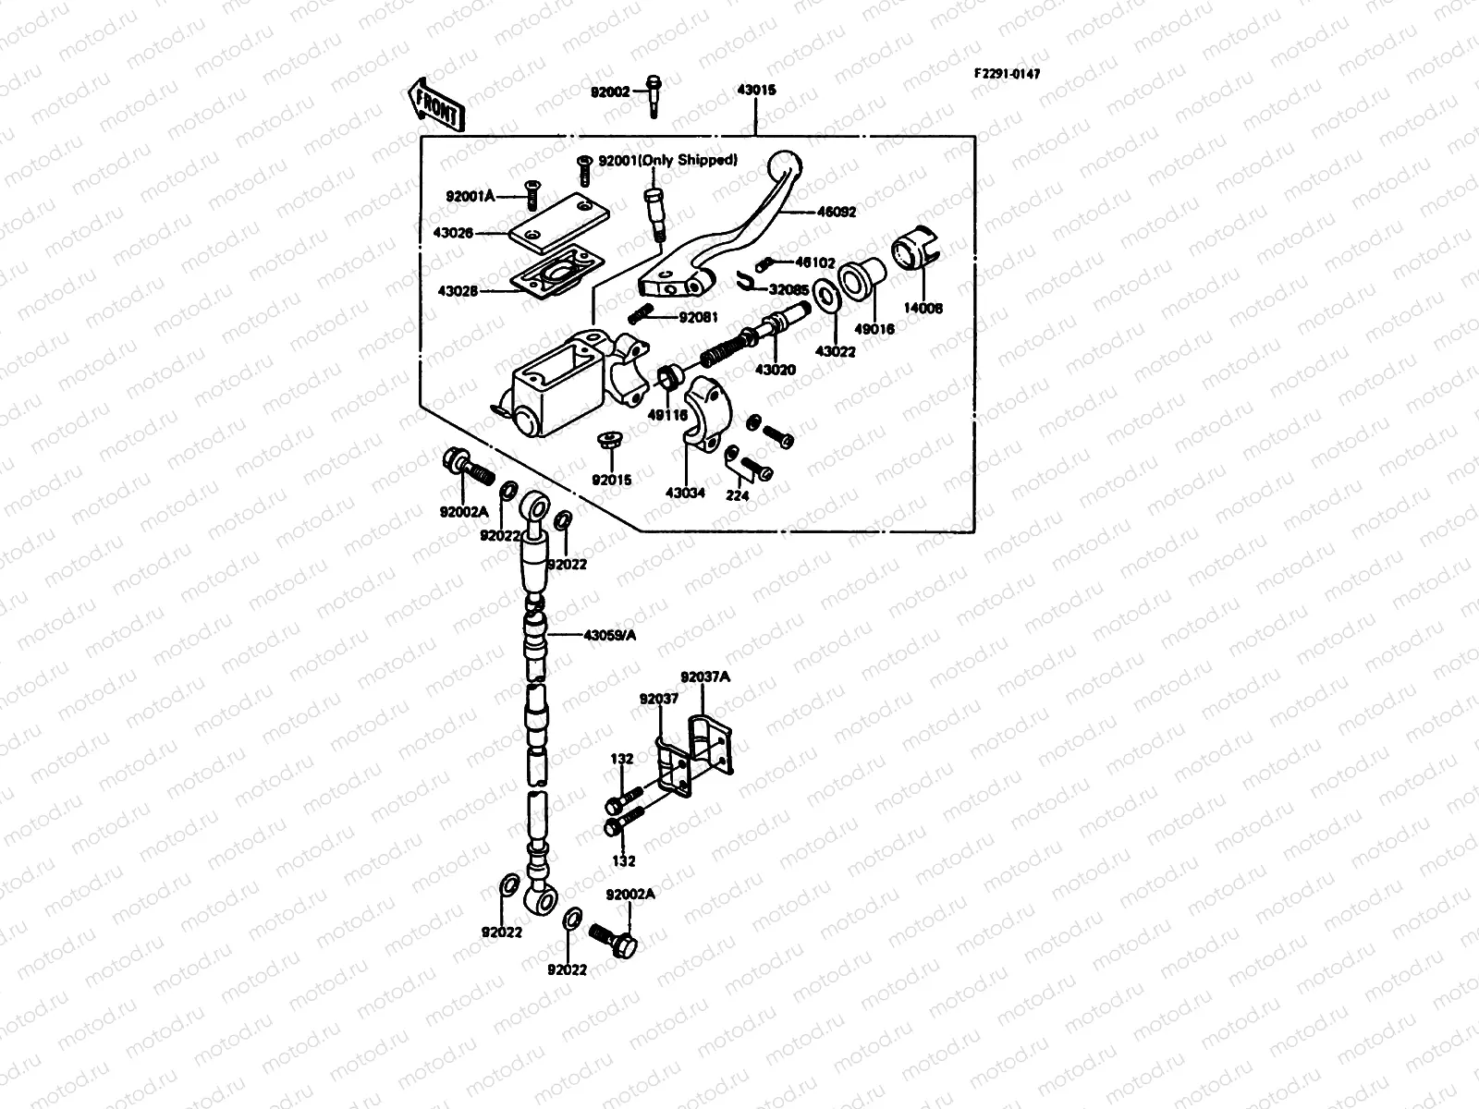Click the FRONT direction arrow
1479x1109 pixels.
pos(434,102)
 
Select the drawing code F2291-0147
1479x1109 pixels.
pos(1006,74)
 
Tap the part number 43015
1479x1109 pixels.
pos(756,91)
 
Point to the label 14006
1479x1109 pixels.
pos(923,309)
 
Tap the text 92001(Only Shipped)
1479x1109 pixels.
pos(667,160)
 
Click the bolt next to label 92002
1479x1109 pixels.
pos(653,95)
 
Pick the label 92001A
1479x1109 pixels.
pos(471,196)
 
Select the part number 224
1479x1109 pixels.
pos(738,495)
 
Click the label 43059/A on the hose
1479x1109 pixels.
pos(610,635)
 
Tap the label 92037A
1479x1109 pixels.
pos(705,676)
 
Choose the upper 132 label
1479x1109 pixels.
pos(622,759)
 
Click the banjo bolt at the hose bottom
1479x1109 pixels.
pos(615,939)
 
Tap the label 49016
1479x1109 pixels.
pos(874,328)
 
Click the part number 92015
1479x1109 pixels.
pos(611,480)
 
